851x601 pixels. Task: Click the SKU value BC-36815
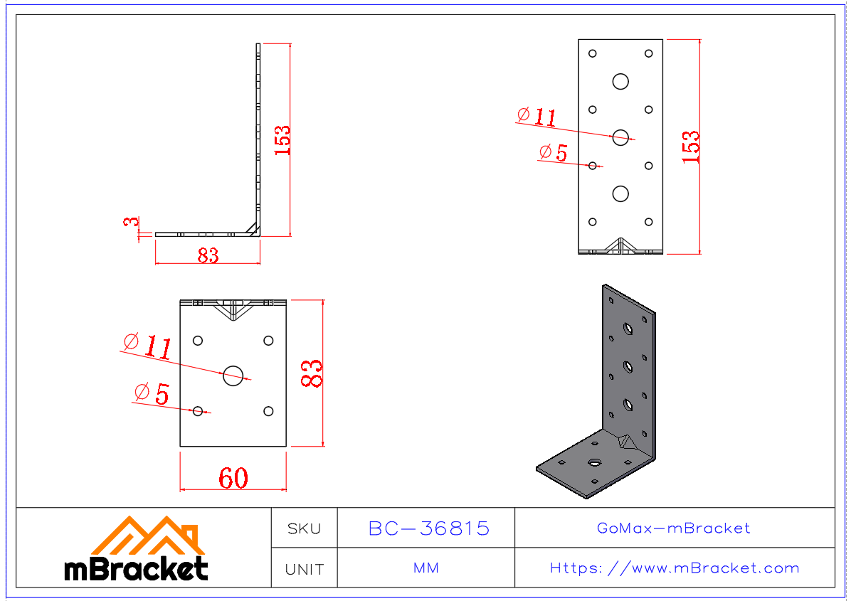coord(428,528)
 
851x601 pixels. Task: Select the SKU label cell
coord(304,528)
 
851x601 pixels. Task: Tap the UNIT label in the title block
coord(304,569)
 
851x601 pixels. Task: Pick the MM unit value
coord(425,568)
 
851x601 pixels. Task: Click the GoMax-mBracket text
coord(673,528)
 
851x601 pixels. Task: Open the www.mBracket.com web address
coord(674,568)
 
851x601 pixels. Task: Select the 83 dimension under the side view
coord(208,255)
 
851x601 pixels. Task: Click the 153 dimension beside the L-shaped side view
coord(282,140)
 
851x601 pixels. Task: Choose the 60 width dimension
coord(233,479)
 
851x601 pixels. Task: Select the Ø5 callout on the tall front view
coord(554,152)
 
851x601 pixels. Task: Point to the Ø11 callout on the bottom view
coord(148,346)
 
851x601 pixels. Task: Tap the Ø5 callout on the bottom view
coord(152,393)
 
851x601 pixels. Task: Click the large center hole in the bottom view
coord(233,375)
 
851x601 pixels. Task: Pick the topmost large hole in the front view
coord(620,81)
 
